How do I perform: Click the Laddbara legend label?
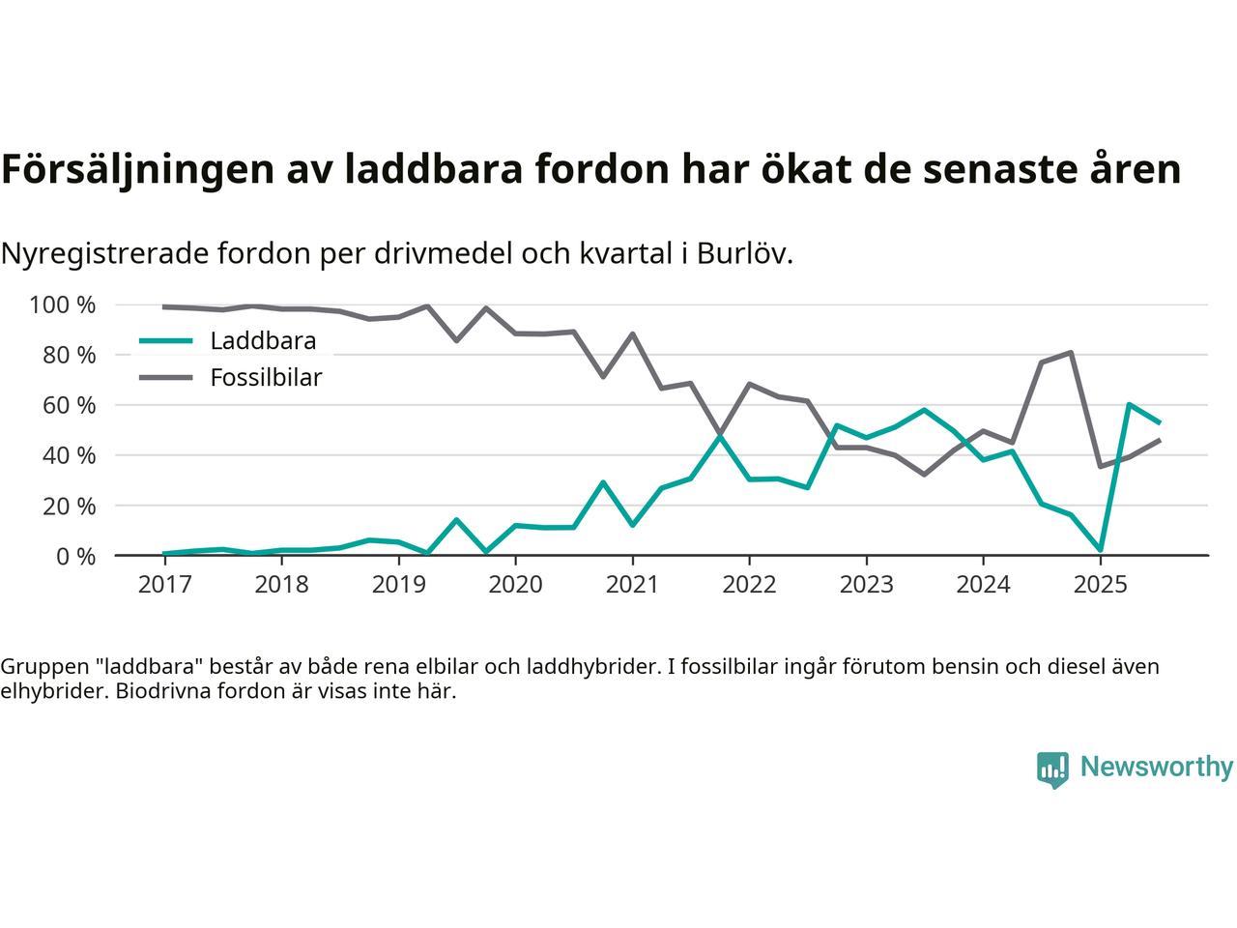[x=263, y=341]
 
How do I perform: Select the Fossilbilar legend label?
[x=266, y=378]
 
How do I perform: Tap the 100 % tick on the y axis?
[x=63, y=305]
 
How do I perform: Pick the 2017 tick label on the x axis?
[x=164, y=585]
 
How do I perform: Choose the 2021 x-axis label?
[x=632, y=585]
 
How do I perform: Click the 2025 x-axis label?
[x=1100, y=585]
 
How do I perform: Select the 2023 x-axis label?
[x=866, y=585]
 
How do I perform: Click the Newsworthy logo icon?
[x=1052, y=769]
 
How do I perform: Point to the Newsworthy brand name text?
[x=1157, y=768]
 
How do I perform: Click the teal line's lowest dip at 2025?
[x=1100, y=550]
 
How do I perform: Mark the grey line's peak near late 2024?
[x=1071, y=353]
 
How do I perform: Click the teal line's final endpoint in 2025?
[x=1159, y=422]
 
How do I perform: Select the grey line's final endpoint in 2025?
[x=1159, y=441]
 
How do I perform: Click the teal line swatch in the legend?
[x=166, y=341]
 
